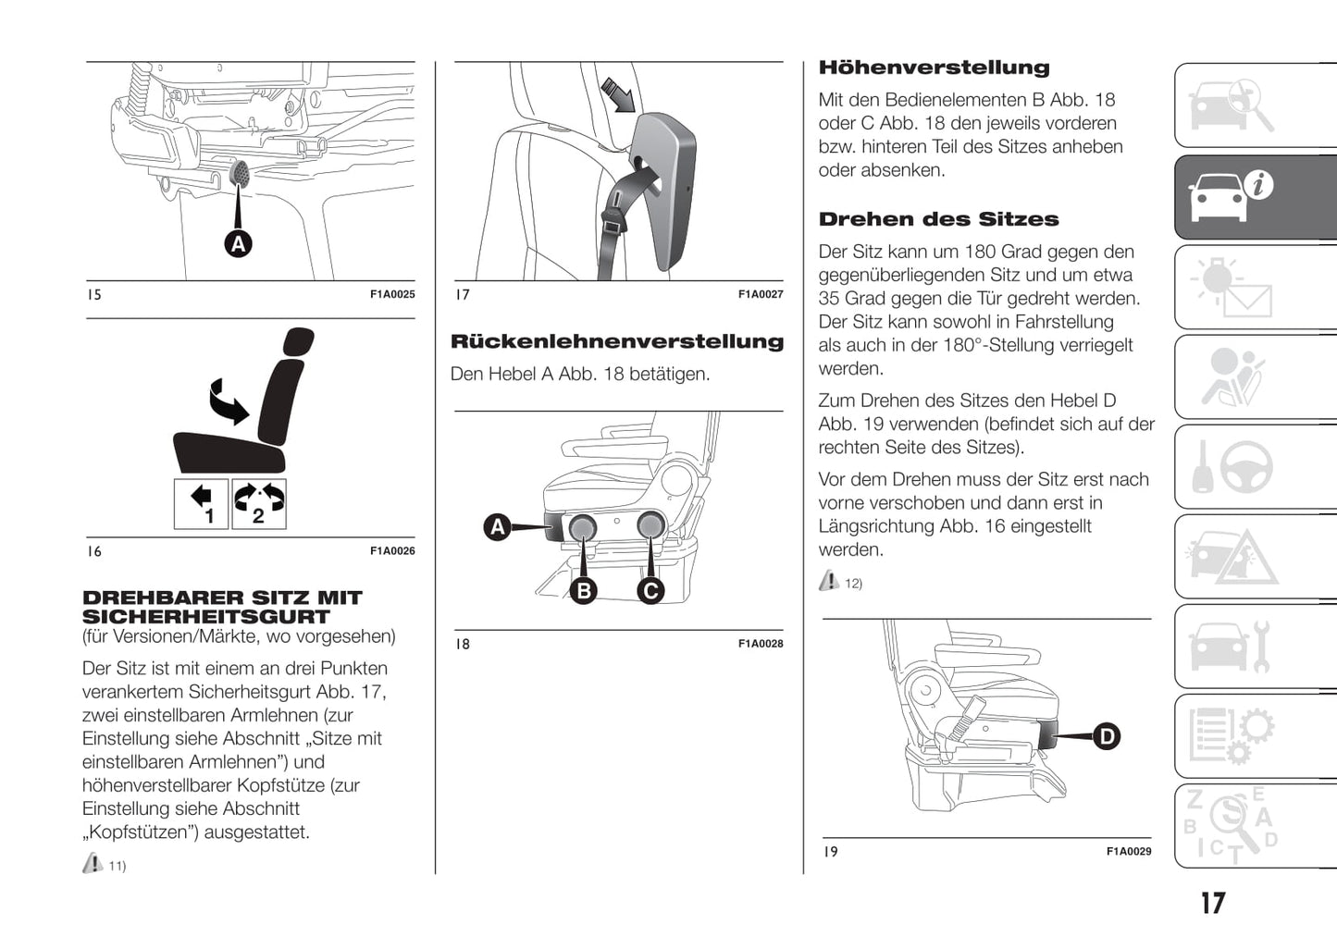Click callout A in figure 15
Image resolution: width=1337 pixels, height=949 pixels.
tap(239, 243)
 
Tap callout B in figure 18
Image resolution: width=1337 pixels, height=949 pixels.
tap(584, 590)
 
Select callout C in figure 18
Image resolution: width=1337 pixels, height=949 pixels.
tap(651, 590)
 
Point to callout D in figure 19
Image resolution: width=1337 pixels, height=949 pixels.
tap(1107, 736)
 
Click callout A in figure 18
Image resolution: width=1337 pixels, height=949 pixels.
tap(498, 527)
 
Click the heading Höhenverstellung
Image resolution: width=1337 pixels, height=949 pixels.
tap(934, 68)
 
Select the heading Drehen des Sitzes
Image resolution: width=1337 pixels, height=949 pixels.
tap(938, 219)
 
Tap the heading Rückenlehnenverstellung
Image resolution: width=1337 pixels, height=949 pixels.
tap(616, 341)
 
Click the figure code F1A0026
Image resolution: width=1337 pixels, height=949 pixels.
tap(392, 551)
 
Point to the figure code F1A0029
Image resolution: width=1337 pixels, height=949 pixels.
tap(1129, 852)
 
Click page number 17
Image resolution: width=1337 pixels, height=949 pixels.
tap(1212, 903)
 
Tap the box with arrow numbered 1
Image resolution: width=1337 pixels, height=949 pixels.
tap(202, 504)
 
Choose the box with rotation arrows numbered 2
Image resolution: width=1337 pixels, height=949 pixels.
tap(259, 504)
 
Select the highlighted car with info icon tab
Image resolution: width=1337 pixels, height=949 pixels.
tap(1256, 196)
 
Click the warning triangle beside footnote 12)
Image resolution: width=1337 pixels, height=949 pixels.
tap(829, 581)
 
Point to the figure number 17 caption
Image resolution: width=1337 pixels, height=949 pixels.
tap(463, 295)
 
